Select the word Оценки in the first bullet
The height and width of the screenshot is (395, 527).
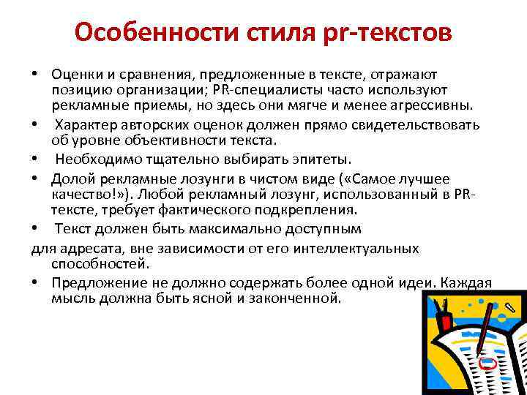[x=76, y=75]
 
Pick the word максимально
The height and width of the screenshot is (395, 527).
[x=240, y=228]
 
